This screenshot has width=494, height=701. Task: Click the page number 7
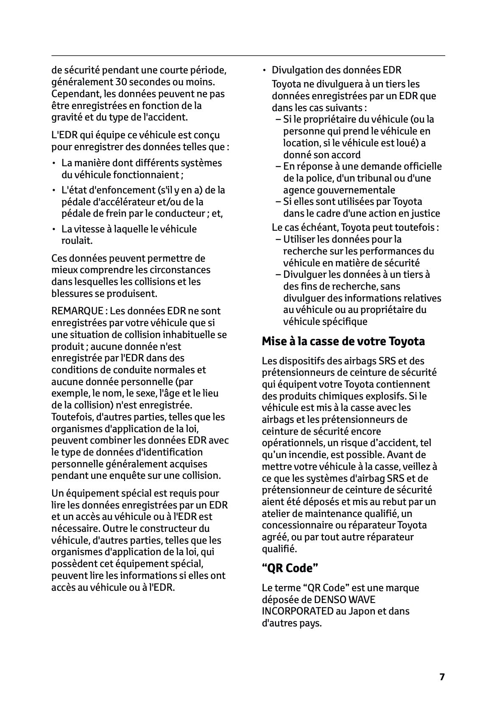(x=442, y=676)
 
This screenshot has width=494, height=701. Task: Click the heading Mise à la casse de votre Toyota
(x=343, y=341)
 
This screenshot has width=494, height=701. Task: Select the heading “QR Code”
(x=290, y=568)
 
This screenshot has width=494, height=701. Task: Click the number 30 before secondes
(x=121, y=82)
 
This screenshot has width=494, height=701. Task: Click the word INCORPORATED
(x=298, y=611)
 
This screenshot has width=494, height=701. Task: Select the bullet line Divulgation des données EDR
(x=336, y=70)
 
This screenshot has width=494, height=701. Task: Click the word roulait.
(x=77, y=240)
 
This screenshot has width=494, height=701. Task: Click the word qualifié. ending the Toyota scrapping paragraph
(x=279, y=549)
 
